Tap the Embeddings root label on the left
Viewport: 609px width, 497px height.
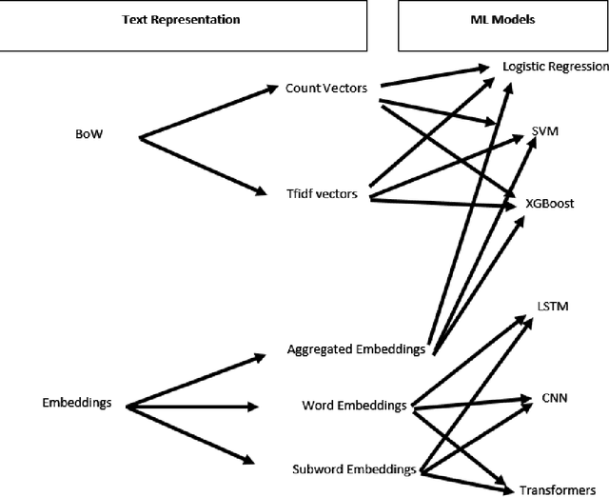78,403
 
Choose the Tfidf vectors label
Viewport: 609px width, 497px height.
322,194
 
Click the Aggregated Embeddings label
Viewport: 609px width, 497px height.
356,349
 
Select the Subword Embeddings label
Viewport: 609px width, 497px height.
352,469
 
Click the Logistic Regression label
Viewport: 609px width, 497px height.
556,67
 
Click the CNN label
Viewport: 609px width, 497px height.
552,398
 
